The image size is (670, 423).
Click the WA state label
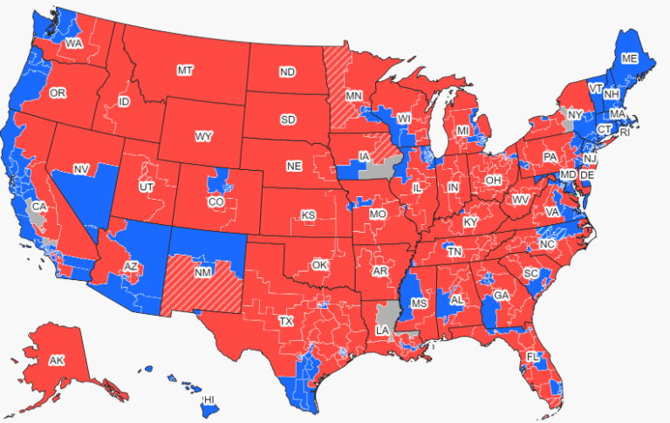[x=74, y=42]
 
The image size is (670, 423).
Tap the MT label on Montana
[x=185, y=70]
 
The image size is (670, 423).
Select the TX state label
[x=286, y=321]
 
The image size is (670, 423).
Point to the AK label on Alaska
[x=57, y=360]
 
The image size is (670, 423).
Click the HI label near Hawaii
[x=209, y=399]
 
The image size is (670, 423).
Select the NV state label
[x=81, y=168]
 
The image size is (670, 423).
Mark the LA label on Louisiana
[x=382, y=331]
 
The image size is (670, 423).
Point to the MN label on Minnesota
[x=354, y=95]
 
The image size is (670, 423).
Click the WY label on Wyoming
[x=203, y=137]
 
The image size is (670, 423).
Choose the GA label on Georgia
[x=501, y=296]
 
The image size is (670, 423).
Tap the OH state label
[x=493, y=181]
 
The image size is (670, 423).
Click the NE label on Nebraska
[x=295, y=165]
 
